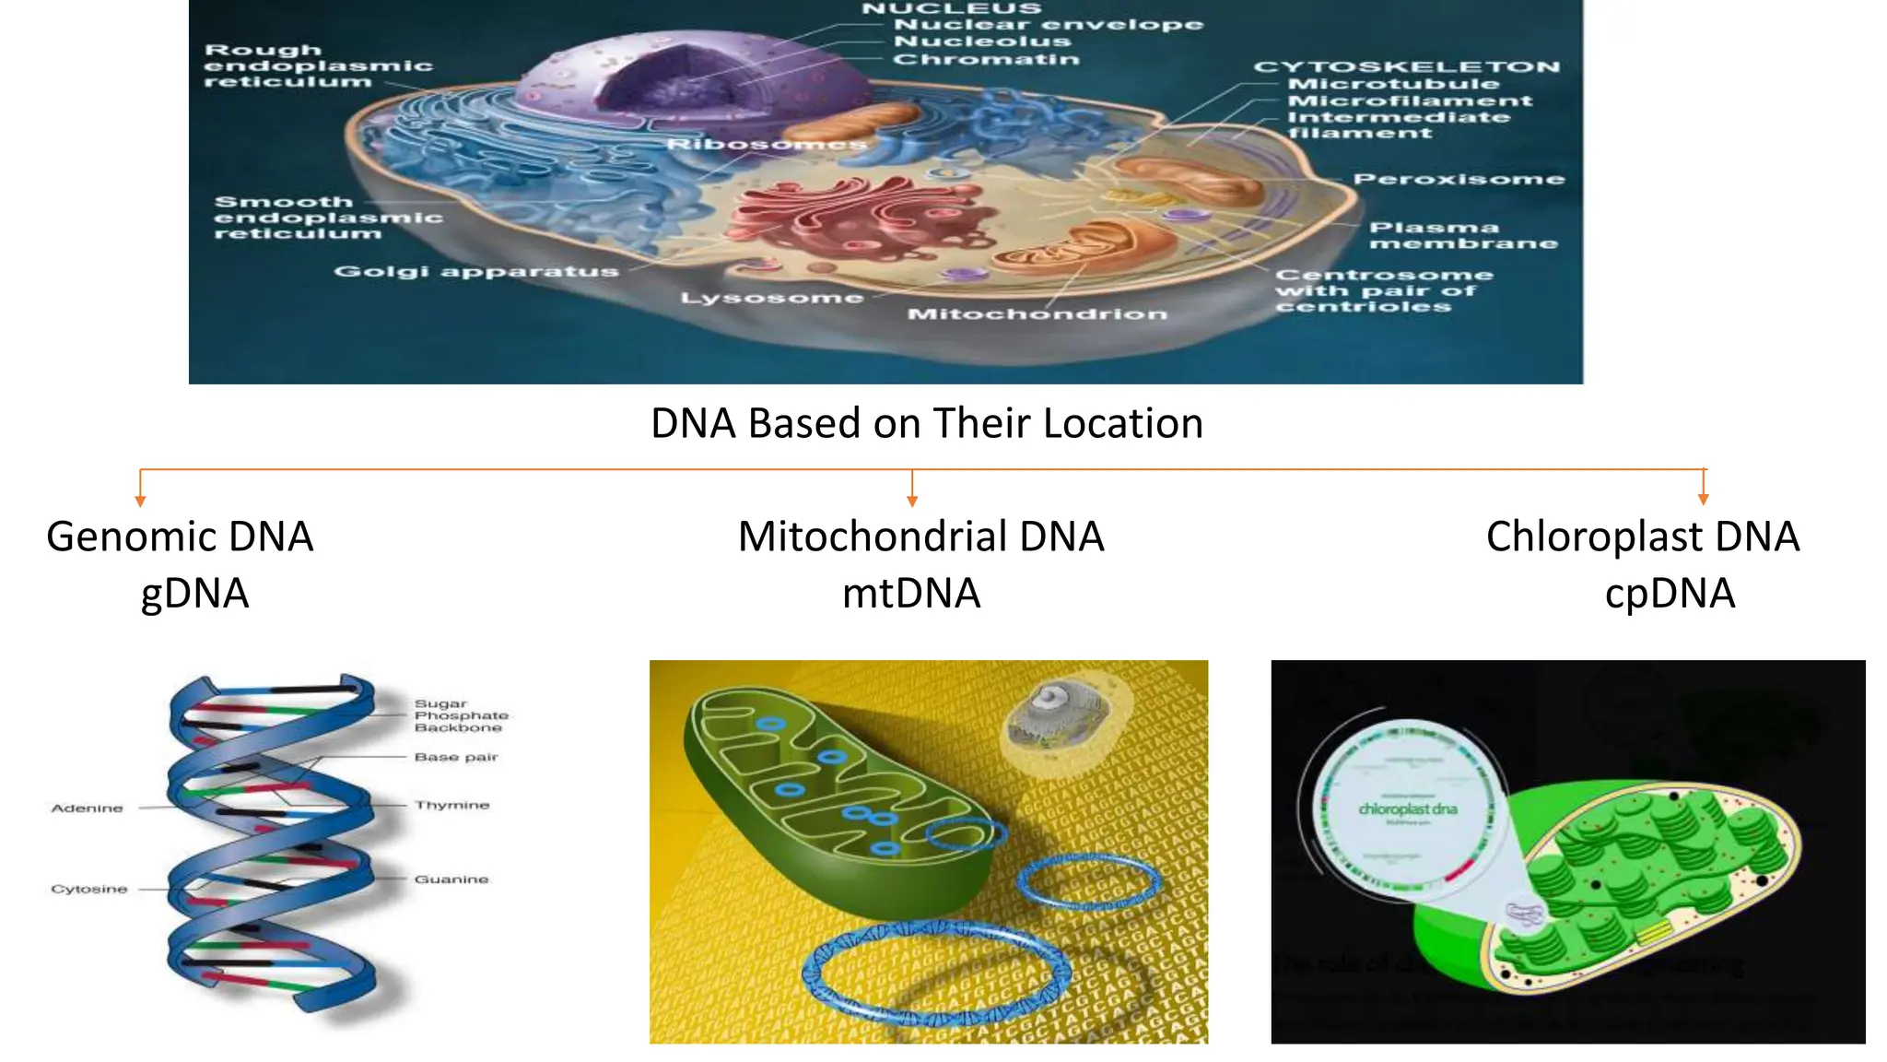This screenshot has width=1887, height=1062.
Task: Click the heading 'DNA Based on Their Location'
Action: coord(926,424)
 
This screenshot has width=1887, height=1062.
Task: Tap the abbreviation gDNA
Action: coord(194,593)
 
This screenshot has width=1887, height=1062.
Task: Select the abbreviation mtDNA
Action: coord(911,593)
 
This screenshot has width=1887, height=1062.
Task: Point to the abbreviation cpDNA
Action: coord(1670,593)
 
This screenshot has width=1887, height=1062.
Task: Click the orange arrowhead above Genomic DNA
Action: coord(140,501)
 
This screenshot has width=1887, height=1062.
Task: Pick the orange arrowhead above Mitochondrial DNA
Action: coord(912,501)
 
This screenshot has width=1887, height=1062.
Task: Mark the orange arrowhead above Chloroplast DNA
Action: coord(1704,499)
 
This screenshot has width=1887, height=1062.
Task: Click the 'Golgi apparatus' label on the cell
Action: coord(476,271)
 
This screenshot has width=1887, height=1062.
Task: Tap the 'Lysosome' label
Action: coord(772,298)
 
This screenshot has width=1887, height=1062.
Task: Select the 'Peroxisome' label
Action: coord(1459,179)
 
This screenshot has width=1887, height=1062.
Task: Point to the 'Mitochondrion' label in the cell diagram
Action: coord(1037,314)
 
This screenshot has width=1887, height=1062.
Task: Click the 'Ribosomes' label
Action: coord(767,145)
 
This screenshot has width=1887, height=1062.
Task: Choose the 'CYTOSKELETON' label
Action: coord(1406,67)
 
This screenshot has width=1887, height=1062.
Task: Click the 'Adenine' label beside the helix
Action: coord(87,808)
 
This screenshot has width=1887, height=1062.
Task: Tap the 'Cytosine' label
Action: coord(88,889)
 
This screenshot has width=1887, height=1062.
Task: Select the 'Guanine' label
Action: coord(451,879)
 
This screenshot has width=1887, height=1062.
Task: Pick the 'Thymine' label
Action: coord(451,805)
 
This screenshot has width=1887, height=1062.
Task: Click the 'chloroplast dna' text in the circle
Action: coord(1408,808)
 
